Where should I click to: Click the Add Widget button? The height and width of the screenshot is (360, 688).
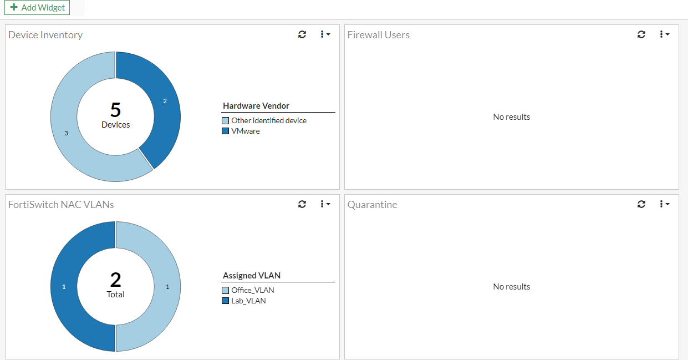[37, 8]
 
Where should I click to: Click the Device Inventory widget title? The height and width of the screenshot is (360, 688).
[45, 35]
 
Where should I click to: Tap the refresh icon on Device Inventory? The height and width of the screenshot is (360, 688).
[302, 34]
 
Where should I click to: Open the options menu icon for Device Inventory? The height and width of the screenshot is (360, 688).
[325, 34]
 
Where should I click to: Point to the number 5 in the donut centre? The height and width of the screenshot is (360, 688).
[115, 110]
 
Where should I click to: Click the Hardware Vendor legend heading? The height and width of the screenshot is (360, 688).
[256, 106]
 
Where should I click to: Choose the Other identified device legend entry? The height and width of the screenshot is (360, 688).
[268, 120]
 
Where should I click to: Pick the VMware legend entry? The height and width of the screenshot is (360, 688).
[245, 131]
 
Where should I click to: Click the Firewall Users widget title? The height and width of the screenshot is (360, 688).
[379, 35]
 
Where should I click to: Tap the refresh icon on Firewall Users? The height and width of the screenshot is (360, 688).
[641, 34]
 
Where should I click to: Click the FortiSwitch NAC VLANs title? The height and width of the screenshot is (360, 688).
[61, 205]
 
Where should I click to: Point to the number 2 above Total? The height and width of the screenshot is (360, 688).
[115, 280]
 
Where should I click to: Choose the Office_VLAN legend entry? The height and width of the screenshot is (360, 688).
[252, 290]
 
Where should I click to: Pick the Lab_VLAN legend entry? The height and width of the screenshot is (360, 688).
[248, 301]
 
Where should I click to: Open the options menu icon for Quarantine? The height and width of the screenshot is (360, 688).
[664, 204]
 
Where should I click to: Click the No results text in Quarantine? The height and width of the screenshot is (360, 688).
[512, 287]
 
